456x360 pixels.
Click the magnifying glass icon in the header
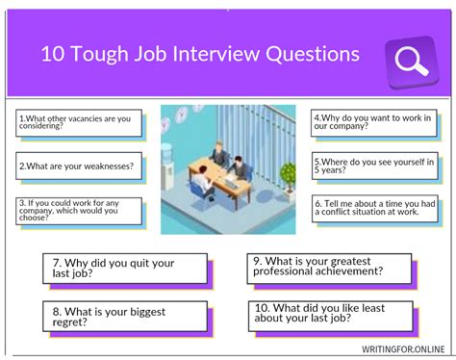[x=412, y=62]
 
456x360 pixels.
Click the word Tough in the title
[x=99, y=54]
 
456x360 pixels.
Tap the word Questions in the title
[x=313, y=54]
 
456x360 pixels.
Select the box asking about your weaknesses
[x=79, y=166]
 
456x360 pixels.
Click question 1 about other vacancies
[x=79, y=123]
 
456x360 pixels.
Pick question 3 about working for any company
[x=79, y=211]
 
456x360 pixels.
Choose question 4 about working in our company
[x=374, y=122]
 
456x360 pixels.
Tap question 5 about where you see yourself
[x=375, y=166]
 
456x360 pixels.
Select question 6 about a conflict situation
[x=375, y=209]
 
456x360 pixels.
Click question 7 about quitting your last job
[x=125, y=269]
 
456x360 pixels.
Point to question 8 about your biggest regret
[x=125, y=317]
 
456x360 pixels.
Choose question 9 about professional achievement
[x=329, y=269]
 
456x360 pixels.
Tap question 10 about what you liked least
[x=331, y=316]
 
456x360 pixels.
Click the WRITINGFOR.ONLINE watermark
[x=403, y=349]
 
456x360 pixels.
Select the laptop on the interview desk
[x=231, y=183]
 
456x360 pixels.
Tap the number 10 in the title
[x=53, y=54]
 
